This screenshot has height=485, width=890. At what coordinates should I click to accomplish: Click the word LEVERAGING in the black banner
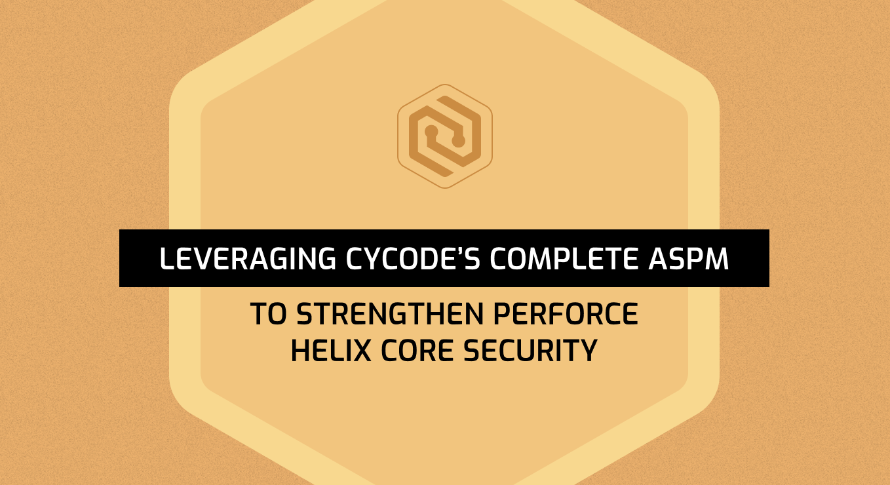click(248, 259)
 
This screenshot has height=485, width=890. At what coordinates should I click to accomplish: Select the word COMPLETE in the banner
click(564, 259)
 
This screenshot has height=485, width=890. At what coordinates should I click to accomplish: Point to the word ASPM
click(689, 259)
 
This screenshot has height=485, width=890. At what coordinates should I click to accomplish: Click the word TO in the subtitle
click(268, 314)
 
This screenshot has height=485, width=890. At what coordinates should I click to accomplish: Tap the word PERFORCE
click(566, 314)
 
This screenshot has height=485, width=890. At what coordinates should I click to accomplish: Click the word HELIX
click(331, 351)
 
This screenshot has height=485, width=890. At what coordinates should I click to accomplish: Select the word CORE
click(417, 351)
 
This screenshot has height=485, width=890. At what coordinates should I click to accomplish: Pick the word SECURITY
click(530, 351)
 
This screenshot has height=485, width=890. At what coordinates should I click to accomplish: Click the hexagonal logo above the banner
click(445, 136)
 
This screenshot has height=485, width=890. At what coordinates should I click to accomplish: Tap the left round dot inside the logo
click(431, 131)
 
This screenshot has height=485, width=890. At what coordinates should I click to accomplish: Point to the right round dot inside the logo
click(458, 141)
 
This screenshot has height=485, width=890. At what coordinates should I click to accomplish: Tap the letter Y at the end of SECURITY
click(588, 351)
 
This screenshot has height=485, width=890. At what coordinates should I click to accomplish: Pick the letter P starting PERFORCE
click(502, 314)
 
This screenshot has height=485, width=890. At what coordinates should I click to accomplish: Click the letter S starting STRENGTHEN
click(305, 314)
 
